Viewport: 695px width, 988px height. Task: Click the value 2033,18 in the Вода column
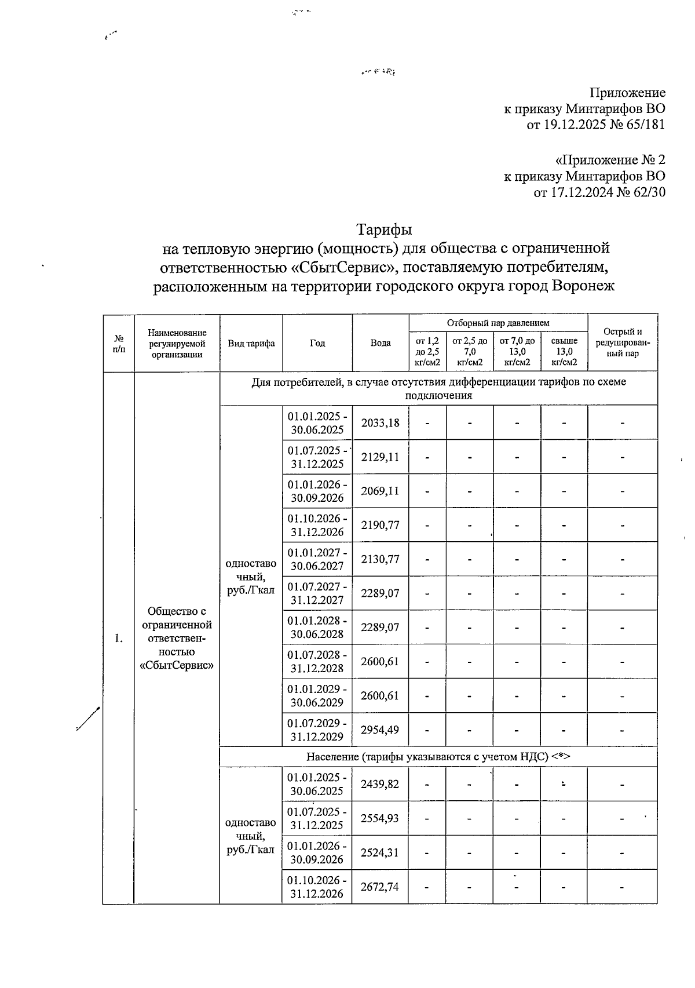(x=380, y=422)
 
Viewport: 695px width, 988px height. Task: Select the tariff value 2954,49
(x=380, y=730)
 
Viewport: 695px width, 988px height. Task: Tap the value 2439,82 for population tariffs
(x=380, y=784)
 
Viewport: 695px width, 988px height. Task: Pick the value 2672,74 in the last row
(x=380, y=887)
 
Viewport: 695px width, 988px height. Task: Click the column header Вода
(x=381, y=343)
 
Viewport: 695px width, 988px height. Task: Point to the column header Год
(x=317, y=343)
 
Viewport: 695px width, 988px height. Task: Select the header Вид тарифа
(x=251, y=343)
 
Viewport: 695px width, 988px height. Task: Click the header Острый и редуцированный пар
(x=623, y=342)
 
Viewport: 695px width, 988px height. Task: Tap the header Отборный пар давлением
(x=498, y=323)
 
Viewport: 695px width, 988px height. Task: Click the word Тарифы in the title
(x=383, y=229)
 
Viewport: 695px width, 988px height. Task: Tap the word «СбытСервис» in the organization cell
(x=177, y=665)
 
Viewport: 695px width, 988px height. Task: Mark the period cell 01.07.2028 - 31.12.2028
(x=317, y=661)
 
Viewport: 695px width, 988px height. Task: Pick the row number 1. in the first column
(x=119, y=639)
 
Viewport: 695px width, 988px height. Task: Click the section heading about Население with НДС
(x=438, y=757)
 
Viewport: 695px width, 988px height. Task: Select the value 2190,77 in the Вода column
(x=380, y=525)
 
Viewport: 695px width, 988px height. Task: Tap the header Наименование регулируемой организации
(x=177, y=343)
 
